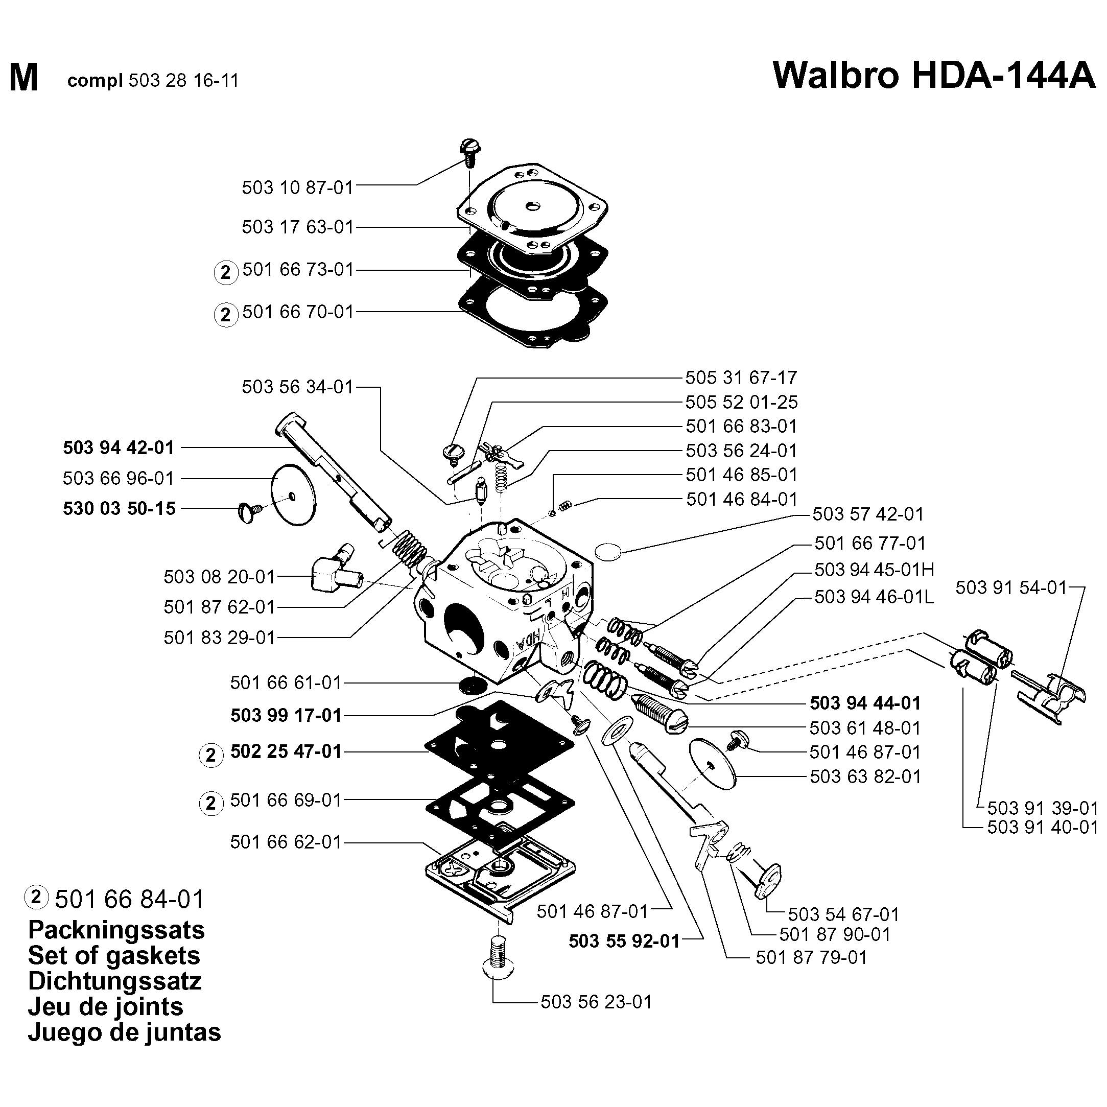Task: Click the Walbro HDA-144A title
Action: click(933, 76)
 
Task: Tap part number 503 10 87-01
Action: click(297, 187)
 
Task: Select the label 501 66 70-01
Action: click(298, 312)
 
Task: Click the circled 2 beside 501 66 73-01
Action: click(225, 272)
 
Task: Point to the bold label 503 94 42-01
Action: click(119, 447)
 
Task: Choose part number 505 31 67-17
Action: click(741, 378)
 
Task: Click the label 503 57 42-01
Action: click(868, 514)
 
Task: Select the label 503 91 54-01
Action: click(1011, 587)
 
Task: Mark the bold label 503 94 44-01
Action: click(865, 703)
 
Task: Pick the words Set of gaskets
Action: click(114, 956)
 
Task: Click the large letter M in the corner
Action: click(23, 78)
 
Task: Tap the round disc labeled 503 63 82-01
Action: click(713, 763)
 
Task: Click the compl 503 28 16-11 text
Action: click(152, 80)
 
